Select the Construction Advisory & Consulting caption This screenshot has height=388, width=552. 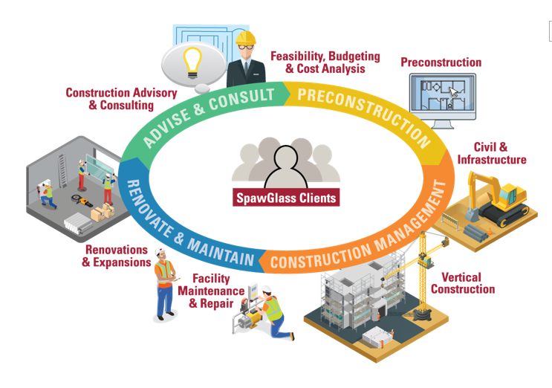click(x=122, y=99)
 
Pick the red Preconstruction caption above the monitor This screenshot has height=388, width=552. click(x=441, y=62)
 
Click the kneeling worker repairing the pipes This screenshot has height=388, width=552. click(x=270, y=315)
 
